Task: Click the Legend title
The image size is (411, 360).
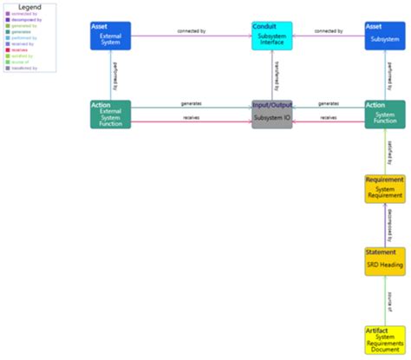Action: pos(29,7)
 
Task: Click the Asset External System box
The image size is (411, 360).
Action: pos(110,36)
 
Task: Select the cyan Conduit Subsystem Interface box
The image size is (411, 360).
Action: pos(271,36)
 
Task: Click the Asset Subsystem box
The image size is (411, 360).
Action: pos(384,36)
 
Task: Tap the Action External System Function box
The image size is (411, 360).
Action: pos(110,114)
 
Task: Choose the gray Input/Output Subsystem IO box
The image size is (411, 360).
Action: pos(271,114)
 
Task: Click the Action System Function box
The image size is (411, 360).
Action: pos(384,114)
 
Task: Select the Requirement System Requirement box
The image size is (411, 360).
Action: pos(384,188)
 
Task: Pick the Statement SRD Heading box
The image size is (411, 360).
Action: pos(384,261)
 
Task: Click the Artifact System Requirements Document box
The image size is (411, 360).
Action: pos(384,339)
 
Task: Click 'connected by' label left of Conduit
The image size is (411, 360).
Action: pos(191,32)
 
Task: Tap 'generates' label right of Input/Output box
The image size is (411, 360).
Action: pos(328,104)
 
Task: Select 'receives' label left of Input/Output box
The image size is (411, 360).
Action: pos(192,117)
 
